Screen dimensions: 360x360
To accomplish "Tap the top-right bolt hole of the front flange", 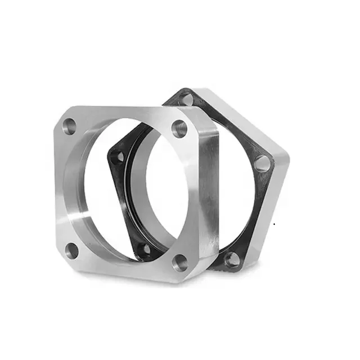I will (179, 129).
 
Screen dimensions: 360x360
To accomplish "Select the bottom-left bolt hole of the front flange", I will (73, 250).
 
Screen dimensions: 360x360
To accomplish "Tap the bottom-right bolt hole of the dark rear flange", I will (231, 259).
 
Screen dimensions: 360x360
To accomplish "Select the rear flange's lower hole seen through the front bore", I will (146, 248).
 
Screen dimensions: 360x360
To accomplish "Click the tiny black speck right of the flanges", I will (274, 224).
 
